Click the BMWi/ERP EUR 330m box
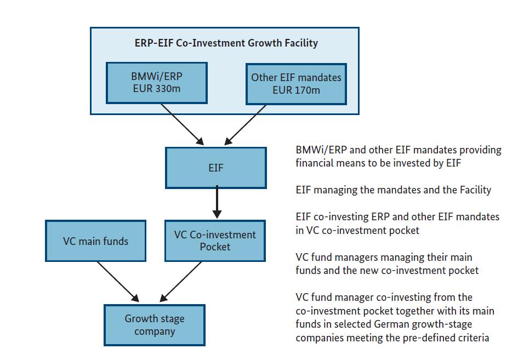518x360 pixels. pyautogui.click(x=157, y=83)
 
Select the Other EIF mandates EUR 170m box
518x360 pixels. pyautogui.click(x=296, y=84)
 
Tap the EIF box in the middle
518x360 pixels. pyautogui.click(x=216, y=168)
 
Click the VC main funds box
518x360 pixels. pyautogui.click(x=95, y=241)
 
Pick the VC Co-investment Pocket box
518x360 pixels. pyautogui.click(x=215, y=241)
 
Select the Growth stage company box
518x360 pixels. pyautogui.click(x=155, y=325)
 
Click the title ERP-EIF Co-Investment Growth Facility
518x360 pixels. pyautogui.click(x=226, y=43)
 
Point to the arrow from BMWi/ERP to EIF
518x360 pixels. pyautogui.click(x=183, y=124)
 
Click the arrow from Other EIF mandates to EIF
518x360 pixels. pyautogui.click(x=245, y=125)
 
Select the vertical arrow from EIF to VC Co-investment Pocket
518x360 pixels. pyautogui.click(x=217, y=202)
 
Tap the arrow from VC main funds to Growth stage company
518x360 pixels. pyautogui.click(x=118, y=282)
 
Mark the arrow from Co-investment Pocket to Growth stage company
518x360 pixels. pyautogui.click(x=180, y=282)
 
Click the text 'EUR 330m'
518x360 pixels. pyautogui.click(x=157, y=89)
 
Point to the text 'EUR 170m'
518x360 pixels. pyautogui.click(x=296, y=90)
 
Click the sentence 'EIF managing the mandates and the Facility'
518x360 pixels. pyautogui.click(x=394, y=190)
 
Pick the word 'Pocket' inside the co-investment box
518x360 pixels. pyautogui.click(x=215, y=247)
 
